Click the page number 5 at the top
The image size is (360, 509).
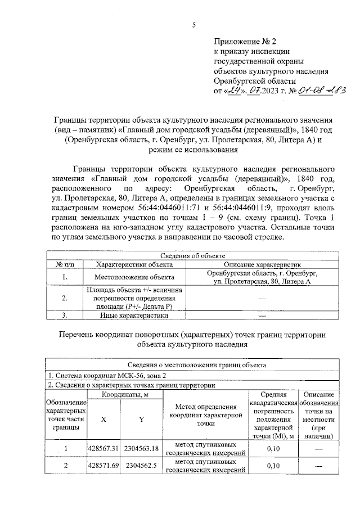click(193, 25)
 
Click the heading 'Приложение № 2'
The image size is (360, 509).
click(245, 42)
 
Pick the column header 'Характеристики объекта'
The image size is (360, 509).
click(134, 264)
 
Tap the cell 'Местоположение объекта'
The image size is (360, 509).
click(134, 277)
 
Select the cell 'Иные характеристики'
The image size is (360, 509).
click(134, 316)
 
